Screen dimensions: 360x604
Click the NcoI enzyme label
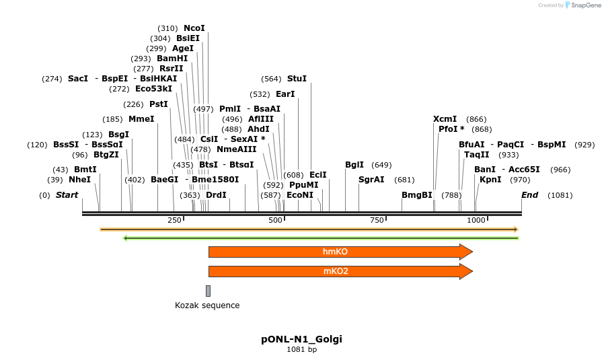[x=194, y=28]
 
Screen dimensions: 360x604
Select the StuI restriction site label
[x=297, y=79]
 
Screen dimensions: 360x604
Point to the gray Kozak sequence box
[x=209, y=291]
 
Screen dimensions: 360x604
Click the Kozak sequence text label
[x=207, y=305]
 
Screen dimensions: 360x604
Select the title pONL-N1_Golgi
[x=301, y=339]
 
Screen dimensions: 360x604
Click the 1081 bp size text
[x=301, y=349]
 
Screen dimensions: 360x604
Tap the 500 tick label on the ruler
[x=276, y=220]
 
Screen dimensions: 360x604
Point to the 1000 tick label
[x=476, y=220]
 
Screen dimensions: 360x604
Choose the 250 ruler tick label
[x=174, y=220]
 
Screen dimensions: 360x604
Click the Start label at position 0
[x=67, y=195]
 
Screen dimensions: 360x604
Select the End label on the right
[x=530, y=195]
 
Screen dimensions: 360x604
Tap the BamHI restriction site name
[x=172, y=59]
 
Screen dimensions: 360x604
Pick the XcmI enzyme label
[x=445, y=119]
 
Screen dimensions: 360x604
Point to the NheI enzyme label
[x=79, y=180]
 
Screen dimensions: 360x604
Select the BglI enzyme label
[x=354, y=165]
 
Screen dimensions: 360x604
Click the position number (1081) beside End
[x=560, y=195]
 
